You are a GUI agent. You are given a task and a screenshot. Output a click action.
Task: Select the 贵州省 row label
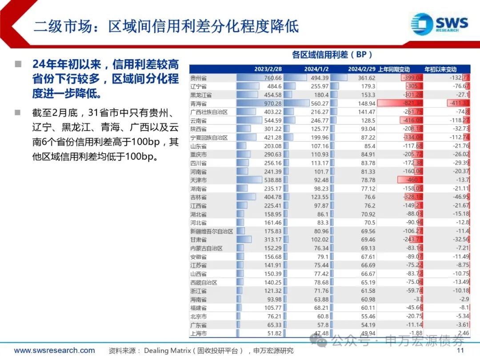[x=198, y=78]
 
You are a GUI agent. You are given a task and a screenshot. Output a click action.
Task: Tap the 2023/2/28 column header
[x=268, y=69]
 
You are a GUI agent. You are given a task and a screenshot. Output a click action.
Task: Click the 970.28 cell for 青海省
[x=272, y=104]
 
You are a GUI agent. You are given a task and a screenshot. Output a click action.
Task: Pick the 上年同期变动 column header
[x=394, y=69]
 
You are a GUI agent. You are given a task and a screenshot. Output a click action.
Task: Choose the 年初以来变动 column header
[x=440, y=69]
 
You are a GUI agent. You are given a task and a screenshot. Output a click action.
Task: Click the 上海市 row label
[x=198, y=333]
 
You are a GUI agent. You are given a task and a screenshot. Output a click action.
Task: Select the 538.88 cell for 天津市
[x=272, y=180]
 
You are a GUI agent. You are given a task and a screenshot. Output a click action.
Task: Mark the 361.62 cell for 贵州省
[x=366, y=78]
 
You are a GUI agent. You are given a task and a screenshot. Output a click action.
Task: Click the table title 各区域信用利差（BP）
[x=332, y=55]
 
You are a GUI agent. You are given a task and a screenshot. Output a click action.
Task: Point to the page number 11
[x=460, y=351]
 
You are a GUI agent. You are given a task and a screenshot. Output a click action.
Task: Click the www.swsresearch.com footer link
[x=54, y=351]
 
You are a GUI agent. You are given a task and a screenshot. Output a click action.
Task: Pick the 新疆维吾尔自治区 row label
[x=211, y=231]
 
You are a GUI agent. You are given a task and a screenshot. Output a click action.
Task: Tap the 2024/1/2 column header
[x=316, y=69]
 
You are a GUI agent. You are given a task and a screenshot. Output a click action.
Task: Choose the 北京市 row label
[x=198, y=316]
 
